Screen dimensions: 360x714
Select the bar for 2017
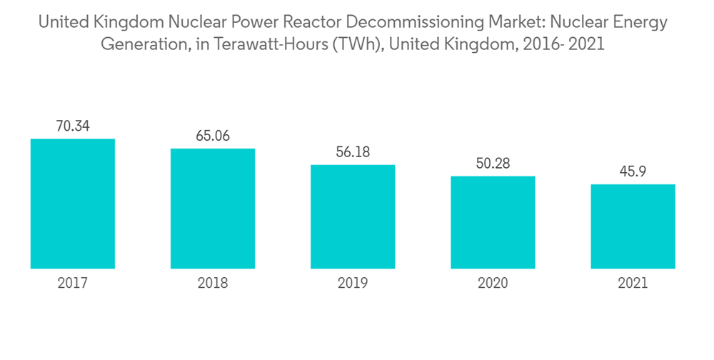(73, 204)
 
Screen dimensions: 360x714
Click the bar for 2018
(213, 209)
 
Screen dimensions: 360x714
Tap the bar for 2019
(353, 216)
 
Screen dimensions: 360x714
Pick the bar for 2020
(493, 222)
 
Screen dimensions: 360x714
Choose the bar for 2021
(633, 226)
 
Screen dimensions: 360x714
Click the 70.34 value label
(73, 126)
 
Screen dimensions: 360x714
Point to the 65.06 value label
(213, 136)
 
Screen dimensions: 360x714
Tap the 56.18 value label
(353, 152)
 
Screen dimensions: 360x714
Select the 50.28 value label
(493, 164)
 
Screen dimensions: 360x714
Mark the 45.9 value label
(633, 171)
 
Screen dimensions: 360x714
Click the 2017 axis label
(73, 284)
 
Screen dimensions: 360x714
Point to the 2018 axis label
(213, 284)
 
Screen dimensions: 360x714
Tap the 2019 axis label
(353, 284)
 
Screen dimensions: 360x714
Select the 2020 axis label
(493, 284)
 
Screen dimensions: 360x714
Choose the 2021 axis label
(633, 284)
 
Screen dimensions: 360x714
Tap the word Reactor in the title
(313, 23)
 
